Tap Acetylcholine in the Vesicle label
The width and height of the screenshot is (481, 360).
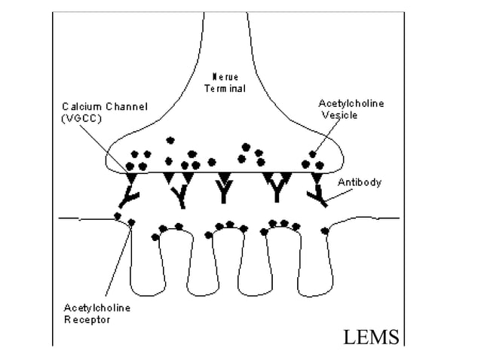point(351,104)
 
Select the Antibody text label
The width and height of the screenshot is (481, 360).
point(359,182)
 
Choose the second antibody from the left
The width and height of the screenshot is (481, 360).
point(178,191)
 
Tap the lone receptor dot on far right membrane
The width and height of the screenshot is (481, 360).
point(325,230)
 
